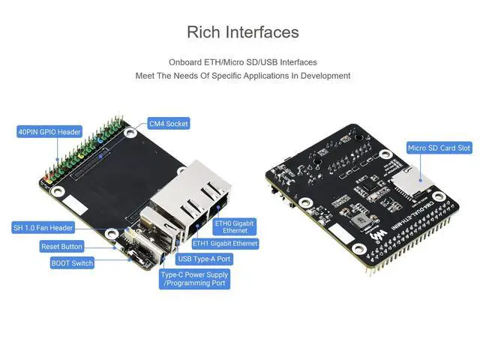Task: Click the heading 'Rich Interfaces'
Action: click(242, 32)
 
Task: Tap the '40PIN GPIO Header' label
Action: click(49, 132)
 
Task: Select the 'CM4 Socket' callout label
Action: click(168, 124)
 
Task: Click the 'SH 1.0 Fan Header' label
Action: click(43, 228)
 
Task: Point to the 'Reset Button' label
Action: click(61, 246)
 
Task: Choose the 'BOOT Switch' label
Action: click(72, 263)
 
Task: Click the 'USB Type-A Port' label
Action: click(204, 259)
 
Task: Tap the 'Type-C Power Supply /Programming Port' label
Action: click(194, 279)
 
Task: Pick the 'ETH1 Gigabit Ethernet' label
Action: click(225, 244)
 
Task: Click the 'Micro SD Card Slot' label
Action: click(439, 148)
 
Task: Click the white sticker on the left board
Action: click(73, 205)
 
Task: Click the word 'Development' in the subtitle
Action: click(324, 76)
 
